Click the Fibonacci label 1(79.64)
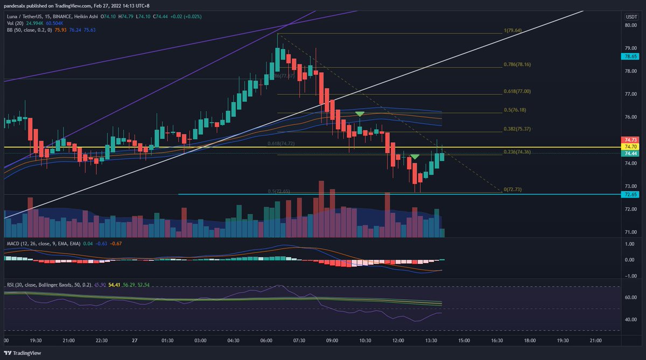coord(514,31)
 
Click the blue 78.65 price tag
coord(631,56)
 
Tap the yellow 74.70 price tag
coord(631,146)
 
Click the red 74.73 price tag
coord(631,139)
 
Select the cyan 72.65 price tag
coord(631,194)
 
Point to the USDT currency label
coord(631,17)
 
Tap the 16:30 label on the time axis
coord(497,341)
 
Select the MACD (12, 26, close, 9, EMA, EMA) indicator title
coord(43,244)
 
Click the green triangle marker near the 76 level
coord(360,114)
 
